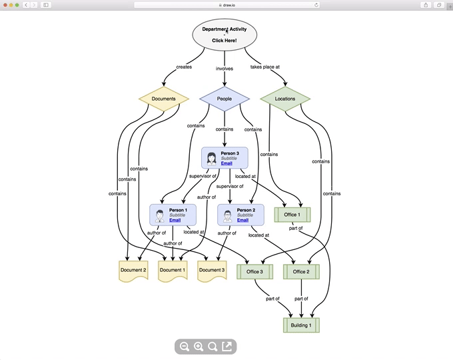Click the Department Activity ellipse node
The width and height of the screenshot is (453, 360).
point(225,35)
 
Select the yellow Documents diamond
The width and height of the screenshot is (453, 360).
point(164,99)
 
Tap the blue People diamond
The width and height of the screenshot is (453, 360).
point(225,99)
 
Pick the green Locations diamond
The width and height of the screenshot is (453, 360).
point(285,99)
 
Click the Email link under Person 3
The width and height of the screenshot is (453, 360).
point(226,163)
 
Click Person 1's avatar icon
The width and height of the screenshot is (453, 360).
point(160,216)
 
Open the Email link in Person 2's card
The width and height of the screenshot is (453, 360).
point(242,220)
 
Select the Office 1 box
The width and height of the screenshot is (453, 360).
point(292,215)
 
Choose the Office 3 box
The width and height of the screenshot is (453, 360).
point(254,271)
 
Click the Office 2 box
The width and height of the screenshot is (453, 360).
point(301,271)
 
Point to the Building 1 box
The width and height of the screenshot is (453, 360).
point(301,325)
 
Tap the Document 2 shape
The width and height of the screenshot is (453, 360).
point(133,271)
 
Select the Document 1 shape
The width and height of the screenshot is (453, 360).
point(173,271)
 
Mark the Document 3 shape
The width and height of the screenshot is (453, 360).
point(212,271)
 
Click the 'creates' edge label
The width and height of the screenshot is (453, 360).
point(184,67)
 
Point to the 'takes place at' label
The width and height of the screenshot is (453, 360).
point(265,67)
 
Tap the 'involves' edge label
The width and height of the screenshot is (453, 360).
point(225,69)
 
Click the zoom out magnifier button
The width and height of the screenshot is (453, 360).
point(185,347)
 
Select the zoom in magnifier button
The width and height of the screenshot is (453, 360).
point(199,347)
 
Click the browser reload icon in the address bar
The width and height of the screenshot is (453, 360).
point(316,5)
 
